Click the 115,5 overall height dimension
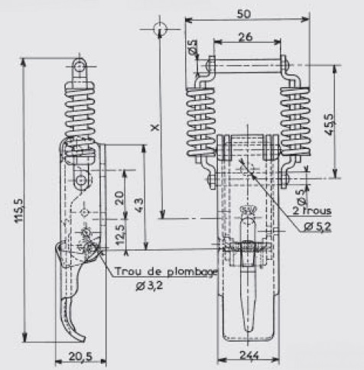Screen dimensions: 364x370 [19, 211]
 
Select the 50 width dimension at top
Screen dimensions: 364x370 [244, 14]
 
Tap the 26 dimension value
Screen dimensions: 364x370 [245, 37]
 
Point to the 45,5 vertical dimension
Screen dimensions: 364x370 [329, 125]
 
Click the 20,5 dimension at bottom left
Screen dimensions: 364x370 [80, 356]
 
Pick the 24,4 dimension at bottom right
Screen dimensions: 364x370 [249, 355]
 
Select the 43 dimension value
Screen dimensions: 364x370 [138, 205]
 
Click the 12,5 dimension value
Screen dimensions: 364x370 [120, 235]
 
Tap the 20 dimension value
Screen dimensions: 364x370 [119, 198]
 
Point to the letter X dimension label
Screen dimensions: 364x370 [155, 128]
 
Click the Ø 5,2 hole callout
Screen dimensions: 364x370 [317, 227]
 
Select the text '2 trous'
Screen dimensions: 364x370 [312, 211]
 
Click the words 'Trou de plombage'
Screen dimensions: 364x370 [166, 272]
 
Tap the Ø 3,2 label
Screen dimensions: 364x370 [149, 286]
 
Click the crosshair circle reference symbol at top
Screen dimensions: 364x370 [160, 29]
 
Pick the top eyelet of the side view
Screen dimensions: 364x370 [80, 67]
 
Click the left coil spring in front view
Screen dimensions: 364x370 [201, 122]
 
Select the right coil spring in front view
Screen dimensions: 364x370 [295, 122]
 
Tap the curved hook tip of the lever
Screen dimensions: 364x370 [80, 338]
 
